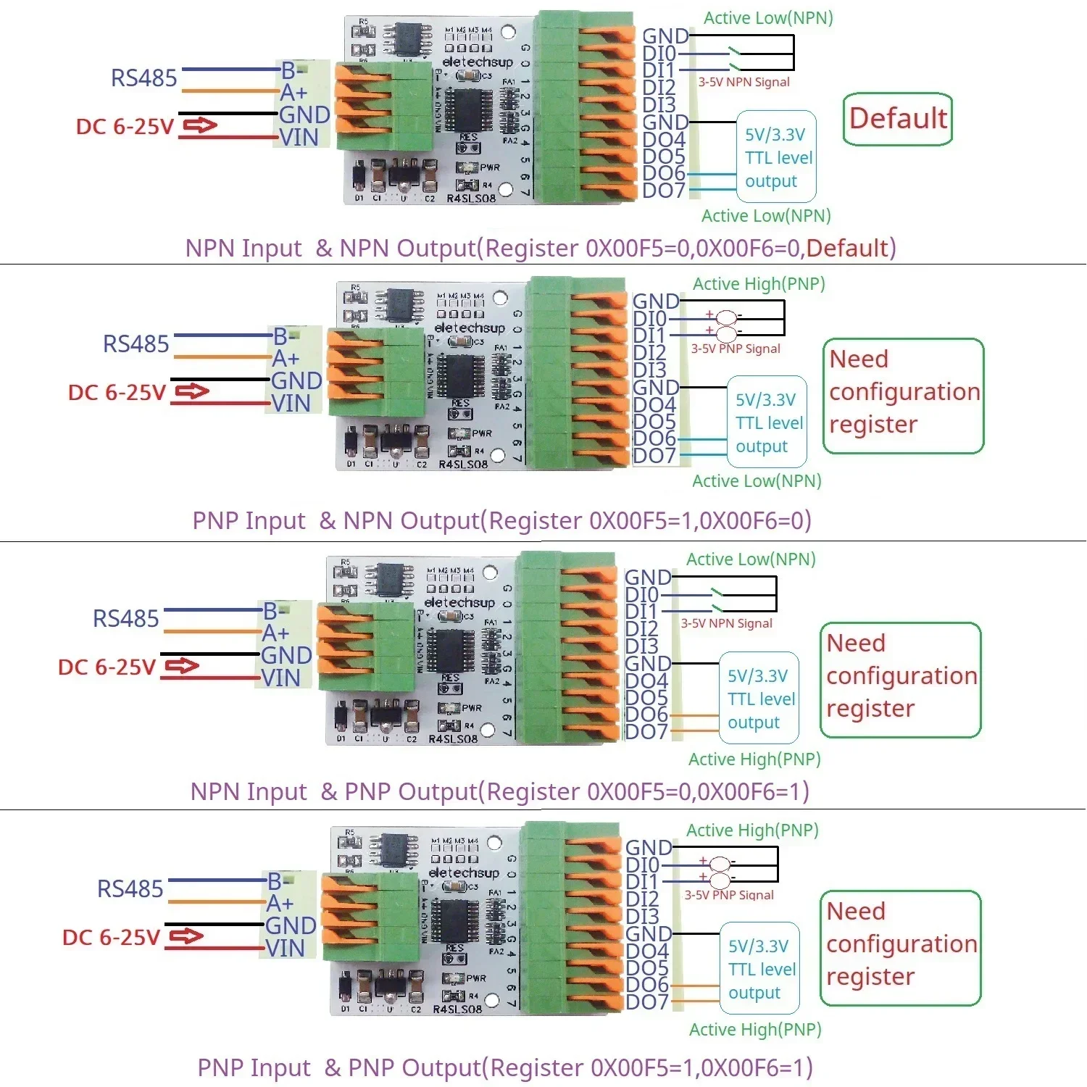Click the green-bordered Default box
click(x=897, y=119)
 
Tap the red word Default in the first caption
click(x=847, y=248)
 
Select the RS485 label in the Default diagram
click(x=143, y=78)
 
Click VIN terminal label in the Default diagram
click(x=299, y=137)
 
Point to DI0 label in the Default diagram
click(x=659, y=54)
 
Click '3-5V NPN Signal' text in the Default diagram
click(x=744, y=82)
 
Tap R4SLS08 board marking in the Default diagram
click(x=471, y=198)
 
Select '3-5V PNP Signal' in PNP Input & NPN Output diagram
click(x=735, y=349)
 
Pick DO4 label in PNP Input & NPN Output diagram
click(x=654, y=404)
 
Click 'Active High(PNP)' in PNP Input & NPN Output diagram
click(x=759, y=283)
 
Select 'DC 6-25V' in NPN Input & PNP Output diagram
click(x=107, y=667)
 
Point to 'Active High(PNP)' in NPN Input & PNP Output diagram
click(x=754, y=759)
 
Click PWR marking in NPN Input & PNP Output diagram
click(x=471, y=708)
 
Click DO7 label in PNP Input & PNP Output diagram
click(x=646, y=1001)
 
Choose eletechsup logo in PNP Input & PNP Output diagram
click(x=464, y=872)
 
